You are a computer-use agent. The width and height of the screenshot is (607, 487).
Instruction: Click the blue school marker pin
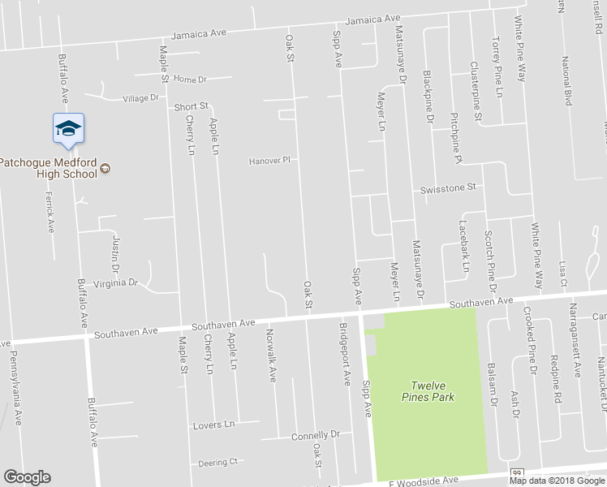click(69, 129)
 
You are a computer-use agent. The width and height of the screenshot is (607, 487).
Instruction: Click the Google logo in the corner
click(27, 477)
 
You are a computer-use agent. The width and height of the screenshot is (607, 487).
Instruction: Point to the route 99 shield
click(516, 472)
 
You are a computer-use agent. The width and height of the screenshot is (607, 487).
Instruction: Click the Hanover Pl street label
click(269, 161)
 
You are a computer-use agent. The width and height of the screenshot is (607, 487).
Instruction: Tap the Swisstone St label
click(447, 188)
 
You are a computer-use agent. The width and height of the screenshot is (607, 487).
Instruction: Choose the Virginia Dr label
click(115, 283)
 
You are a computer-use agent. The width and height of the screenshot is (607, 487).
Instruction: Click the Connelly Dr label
click(315, 436)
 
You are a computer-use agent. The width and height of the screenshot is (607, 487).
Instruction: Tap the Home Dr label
click(190, 80)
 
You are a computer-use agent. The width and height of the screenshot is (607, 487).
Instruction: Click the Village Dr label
click(140, 98)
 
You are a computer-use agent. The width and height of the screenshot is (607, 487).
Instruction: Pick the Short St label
click(192, 106)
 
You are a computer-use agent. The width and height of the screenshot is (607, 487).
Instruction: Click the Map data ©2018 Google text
click(556, 481)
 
